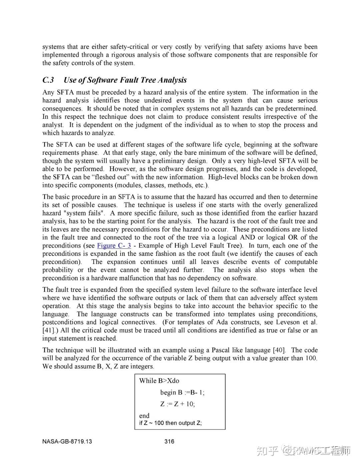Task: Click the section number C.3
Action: (x=48, y=80)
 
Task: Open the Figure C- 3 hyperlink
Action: (x=114, y=246)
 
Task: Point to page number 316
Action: (x=169, y=442)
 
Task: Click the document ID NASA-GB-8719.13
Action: (x=67, y=442)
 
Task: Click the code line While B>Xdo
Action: (x=159, y=381)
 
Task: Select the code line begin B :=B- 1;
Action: (x=182, y=393)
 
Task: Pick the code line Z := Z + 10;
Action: (x=177, y=404)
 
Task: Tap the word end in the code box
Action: (x=144, y=416)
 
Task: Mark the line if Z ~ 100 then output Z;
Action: (x=170, y=423)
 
